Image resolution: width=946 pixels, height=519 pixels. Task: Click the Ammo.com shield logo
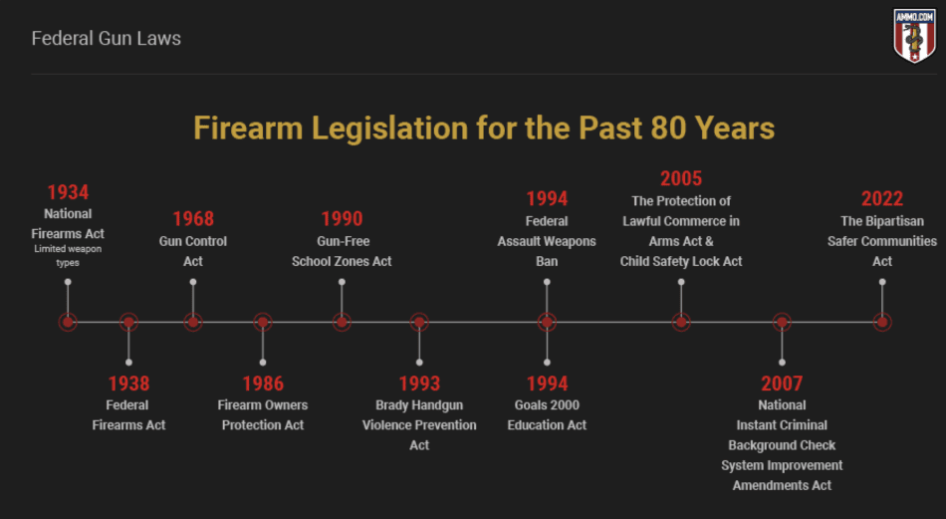tap(914, 35)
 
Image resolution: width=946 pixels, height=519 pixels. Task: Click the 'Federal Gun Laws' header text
tap(107, 39)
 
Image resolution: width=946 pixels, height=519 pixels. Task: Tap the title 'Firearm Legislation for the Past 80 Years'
tap(484, 128)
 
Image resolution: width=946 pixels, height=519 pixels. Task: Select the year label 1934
tap(68, 192)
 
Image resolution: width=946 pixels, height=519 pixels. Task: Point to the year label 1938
tap(128, 384)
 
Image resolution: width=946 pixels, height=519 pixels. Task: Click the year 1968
tap(193, 218)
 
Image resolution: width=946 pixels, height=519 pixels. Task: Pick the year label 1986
tap(263, 384)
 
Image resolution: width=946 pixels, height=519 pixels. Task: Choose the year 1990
tap(343, 218)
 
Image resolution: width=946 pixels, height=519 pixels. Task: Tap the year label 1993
tap(419, 384)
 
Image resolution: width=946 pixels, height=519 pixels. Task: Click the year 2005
tap(681, 178)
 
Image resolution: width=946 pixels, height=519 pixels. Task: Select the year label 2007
tap(782, 384)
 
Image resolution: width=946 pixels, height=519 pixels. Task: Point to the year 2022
tap(882, 198)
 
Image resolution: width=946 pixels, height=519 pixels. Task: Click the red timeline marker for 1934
tap(68, 323)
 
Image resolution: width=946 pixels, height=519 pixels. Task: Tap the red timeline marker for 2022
tap(882, 323)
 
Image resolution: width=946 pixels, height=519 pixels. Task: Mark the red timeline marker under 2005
tap(681, 323)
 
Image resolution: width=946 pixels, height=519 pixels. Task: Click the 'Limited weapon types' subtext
tap(68, 256)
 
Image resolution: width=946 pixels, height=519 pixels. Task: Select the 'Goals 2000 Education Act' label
tap(547, 415)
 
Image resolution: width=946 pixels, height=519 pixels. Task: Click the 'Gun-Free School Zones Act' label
tap(343, 251)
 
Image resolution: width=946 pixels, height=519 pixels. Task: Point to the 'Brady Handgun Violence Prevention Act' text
tap(419, 424)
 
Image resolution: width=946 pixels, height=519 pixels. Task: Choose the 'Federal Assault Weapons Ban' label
tap(547, 241)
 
